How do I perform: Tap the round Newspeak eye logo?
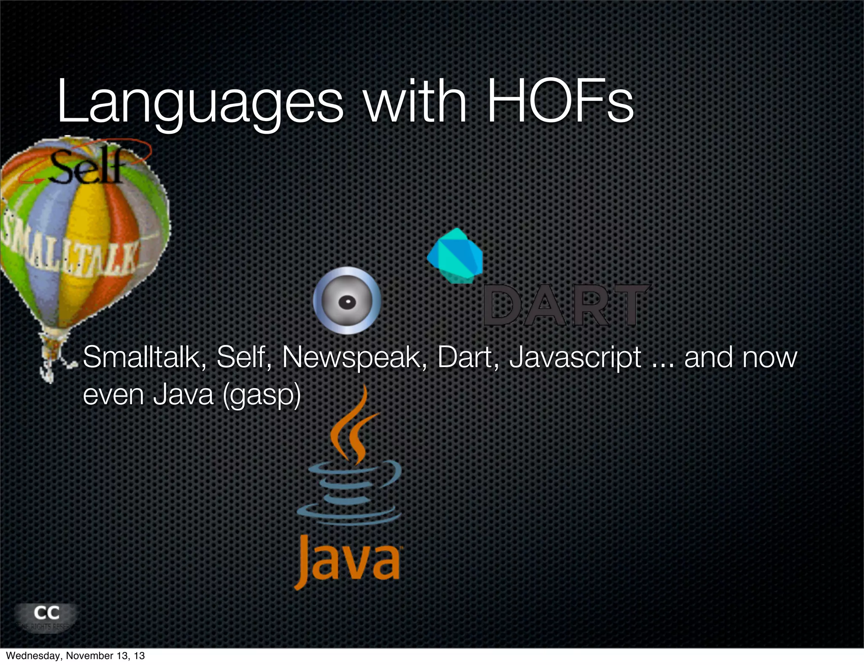(347, 301)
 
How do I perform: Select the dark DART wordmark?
(565, 305)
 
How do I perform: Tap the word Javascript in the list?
(575, 357)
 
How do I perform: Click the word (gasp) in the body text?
(262, 395)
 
